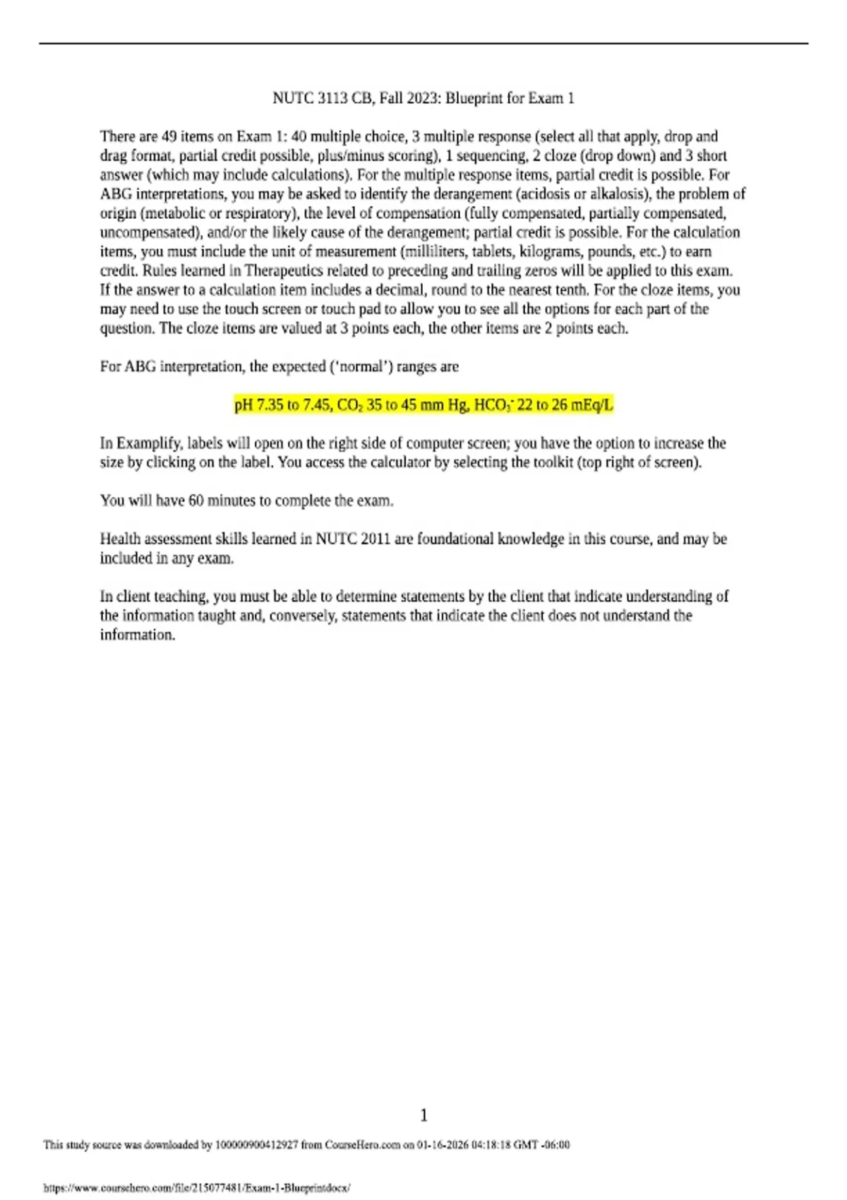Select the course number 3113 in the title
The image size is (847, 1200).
332,98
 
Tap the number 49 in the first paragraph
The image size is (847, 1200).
169,136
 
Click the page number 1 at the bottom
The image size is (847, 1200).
423,1115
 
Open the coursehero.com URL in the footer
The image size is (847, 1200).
197,1188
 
